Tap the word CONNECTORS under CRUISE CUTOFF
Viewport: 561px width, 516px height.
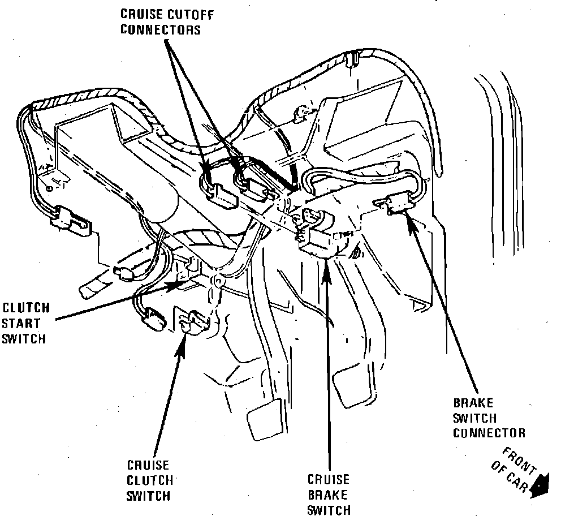coord(161,29)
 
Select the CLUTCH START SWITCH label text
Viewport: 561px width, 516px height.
coord(26,324)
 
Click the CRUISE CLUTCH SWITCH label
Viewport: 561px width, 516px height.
coord(148,481)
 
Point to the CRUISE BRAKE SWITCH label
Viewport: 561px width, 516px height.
coord(329,495)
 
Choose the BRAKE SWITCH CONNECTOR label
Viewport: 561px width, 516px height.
coord(489,419)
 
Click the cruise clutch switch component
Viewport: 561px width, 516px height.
coord(192,322)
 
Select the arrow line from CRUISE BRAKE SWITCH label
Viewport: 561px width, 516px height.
coord(327,368)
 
